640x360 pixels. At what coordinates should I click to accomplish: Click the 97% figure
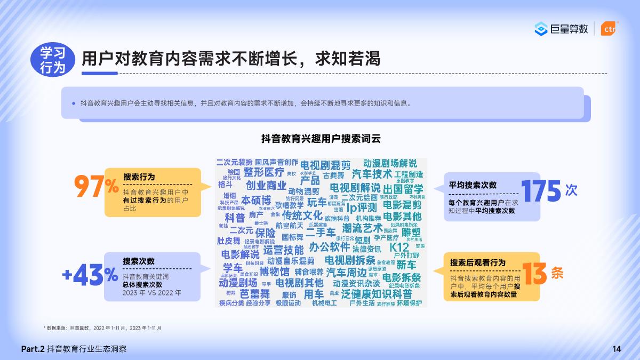[96, 187]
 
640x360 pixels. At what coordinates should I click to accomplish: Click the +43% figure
[90, 275]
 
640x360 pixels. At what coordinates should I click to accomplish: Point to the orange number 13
[534, 274]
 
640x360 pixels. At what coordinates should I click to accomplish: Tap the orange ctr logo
[608, 29]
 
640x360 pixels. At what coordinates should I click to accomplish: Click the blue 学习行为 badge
[53, 60]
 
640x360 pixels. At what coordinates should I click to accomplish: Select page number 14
[617, 349]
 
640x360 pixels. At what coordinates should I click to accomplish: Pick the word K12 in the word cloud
[399, 248]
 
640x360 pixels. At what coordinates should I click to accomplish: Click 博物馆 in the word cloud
[275, 272]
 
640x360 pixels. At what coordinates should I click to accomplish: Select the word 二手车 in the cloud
[321, 233]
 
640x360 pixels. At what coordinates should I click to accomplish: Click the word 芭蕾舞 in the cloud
[255, 294]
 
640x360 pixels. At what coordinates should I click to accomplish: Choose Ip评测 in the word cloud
[362, 207]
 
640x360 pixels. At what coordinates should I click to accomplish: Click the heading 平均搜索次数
[473, 185]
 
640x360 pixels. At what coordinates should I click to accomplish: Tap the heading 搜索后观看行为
[478, 263]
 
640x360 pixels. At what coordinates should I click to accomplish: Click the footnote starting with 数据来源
[102, 327]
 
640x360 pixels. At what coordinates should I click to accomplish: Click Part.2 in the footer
[33, 349]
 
